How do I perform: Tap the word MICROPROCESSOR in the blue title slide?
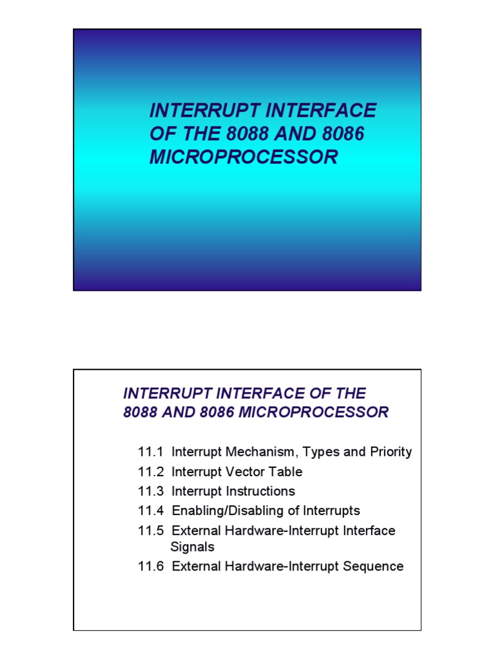[x=244, y=157]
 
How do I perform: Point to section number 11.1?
[x=151, y=452]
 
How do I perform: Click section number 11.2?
[x=151, y=472]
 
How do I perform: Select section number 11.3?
[x=151, y=491]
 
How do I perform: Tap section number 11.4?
[x=151, y=511]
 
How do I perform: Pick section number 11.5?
[x=151, y=530]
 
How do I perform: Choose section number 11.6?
[x=151, y=567]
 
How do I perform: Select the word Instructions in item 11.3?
[x=260, y=491]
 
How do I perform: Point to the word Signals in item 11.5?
[x=192, y=547]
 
